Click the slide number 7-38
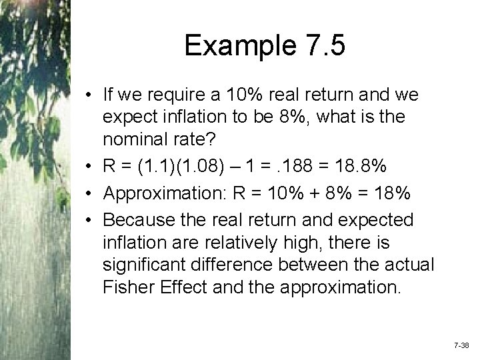pos(461,347)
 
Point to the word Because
pos(138,219)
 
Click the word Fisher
pos(128,287)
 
